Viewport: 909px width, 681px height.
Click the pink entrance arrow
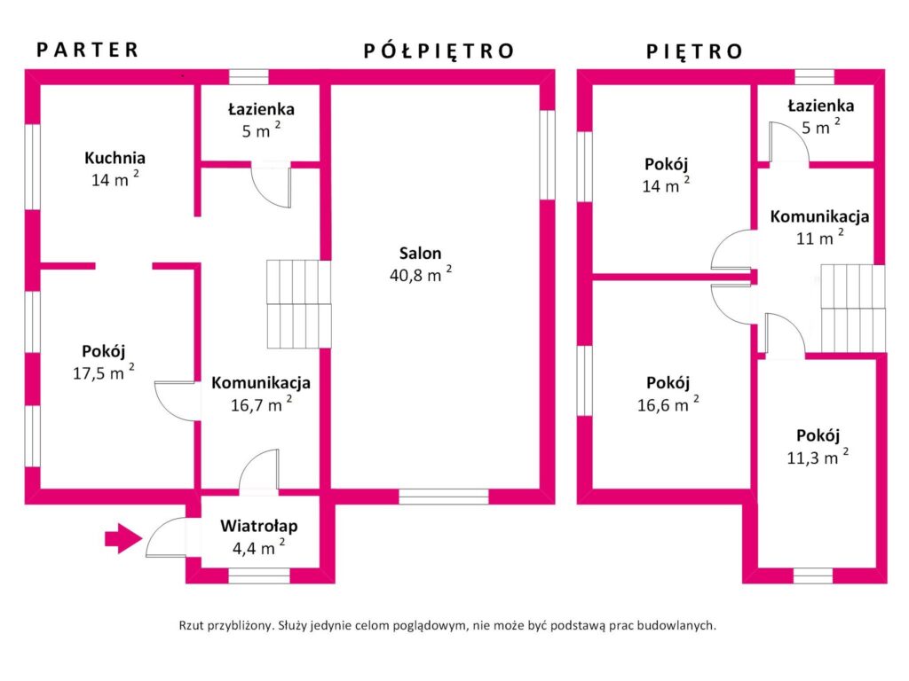[x=123, y=538]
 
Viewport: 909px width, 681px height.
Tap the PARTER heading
[x=88, y=50]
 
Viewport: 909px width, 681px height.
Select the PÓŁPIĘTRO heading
[x=439, y=51]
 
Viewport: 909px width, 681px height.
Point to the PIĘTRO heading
[x=694, y=51]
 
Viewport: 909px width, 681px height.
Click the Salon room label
[x=420, y=253]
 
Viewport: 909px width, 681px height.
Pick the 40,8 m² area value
[x=420, y=274]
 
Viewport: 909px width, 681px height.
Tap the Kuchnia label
[x=115, y=158]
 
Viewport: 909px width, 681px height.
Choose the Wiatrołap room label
[x=259, y=526]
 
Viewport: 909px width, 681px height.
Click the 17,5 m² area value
[x=104, y=372]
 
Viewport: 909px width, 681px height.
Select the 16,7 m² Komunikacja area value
[x=262, y=403]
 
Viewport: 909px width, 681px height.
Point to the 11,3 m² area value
[x=818, y=457]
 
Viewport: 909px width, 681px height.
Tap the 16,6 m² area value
[x=668, y=403]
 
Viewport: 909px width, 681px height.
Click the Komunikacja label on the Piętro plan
[x=819, y=216]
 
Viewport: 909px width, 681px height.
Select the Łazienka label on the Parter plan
[x=261, y=109]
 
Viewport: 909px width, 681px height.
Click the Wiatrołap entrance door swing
[x=165, y=537]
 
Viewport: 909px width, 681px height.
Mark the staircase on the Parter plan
[x=298, y=304]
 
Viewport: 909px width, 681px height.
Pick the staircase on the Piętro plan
[x=853, y=308]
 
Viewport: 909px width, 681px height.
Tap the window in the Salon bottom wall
[x=444, y=497]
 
